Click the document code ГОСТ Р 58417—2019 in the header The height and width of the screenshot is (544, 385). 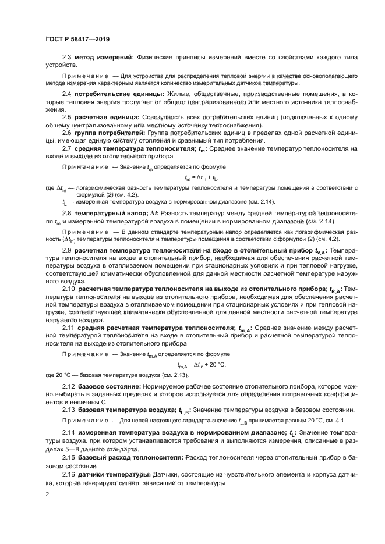coord(77,39)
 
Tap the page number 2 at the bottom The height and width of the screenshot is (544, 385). coord(47,495)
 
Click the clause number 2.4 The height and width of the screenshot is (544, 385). coord(67,94)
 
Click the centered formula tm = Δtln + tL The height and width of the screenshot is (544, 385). coord(201,177)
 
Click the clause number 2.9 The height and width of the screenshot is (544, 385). coord(67,250)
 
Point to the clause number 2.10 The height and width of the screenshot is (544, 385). coord(69,289)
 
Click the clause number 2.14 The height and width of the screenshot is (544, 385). coord(69,432)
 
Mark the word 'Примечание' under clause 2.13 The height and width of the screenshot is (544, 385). coord(84,420)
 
